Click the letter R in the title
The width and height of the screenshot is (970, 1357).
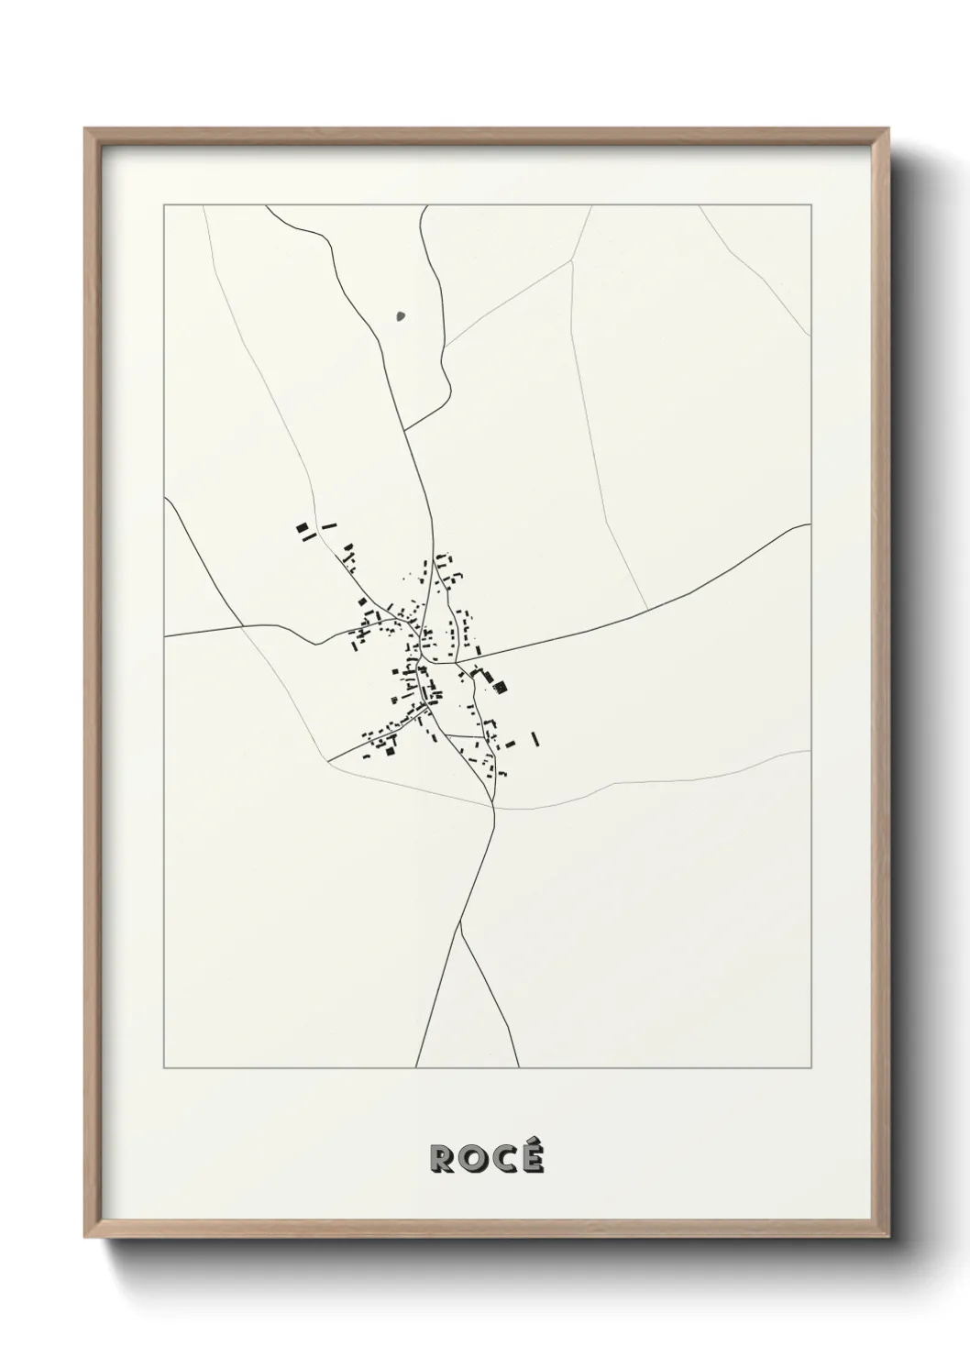442,1160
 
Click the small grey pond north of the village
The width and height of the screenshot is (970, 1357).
400,317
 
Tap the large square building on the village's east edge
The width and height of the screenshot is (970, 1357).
501,684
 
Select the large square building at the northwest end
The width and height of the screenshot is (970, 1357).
300,529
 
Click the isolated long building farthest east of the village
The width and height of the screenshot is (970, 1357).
535,737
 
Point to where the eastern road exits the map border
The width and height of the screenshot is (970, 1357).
811,524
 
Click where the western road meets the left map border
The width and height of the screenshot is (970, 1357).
165,634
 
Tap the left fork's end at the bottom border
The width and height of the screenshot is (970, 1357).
416,1067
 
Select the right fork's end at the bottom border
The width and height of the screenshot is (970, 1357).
518,1067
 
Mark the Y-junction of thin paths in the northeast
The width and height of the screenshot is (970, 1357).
572,260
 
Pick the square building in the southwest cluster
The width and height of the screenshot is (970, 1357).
390,751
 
